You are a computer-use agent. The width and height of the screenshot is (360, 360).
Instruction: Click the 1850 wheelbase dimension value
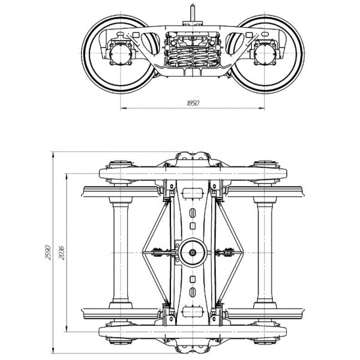(193, 103)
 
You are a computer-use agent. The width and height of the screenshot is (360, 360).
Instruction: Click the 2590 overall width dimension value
(48, 253)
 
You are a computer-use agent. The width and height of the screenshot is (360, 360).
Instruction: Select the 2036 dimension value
(62, 253)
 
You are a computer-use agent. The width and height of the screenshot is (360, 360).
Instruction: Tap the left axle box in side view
(121, 53)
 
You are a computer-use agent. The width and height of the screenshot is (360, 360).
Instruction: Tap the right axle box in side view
(265, 53)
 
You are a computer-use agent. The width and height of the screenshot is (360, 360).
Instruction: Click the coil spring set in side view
(193, 57)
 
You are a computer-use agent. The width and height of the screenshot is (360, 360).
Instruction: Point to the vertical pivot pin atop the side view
(193, 13)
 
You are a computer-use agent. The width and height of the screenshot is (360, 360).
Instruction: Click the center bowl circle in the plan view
(193, 253)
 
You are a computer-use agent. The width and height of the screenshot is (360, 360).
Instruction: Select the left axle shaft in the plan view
(121, 253)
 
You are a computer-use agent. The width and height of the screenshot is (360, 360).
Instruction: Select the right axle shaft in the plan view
(265, 253)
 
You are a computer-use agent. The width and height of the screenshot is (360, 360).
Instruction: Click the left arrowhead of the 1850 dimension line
(124, 108)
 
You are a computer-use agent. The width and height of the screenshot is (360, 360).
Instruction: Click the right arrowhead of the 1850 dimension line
(262, 108)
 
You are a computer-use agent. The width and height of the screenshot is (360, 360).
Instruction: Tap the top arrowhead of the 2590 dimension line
(53, 155)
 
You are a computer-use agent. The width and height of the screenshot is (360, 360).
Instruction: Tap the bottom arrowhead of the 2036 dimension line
(67, 329)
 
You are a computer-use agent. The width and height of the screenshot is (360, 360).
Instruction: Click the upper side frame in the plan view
(193, 173)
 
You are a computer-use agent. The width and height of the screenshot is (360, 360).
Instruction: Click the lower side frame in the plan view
(193, 332)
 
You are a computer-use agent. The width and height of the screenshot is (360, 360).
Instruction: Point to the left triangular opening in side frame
(151, 44)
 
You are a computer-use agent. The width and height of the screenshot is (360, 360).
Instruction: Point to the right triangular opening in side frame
(235, 44)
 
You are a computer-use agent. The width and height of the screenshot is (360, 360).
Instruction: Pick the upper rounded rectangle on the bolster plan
(193, 193)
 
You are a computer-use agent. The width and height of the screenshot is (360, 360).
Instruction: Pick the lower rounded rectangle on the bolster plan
(193, 312)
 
